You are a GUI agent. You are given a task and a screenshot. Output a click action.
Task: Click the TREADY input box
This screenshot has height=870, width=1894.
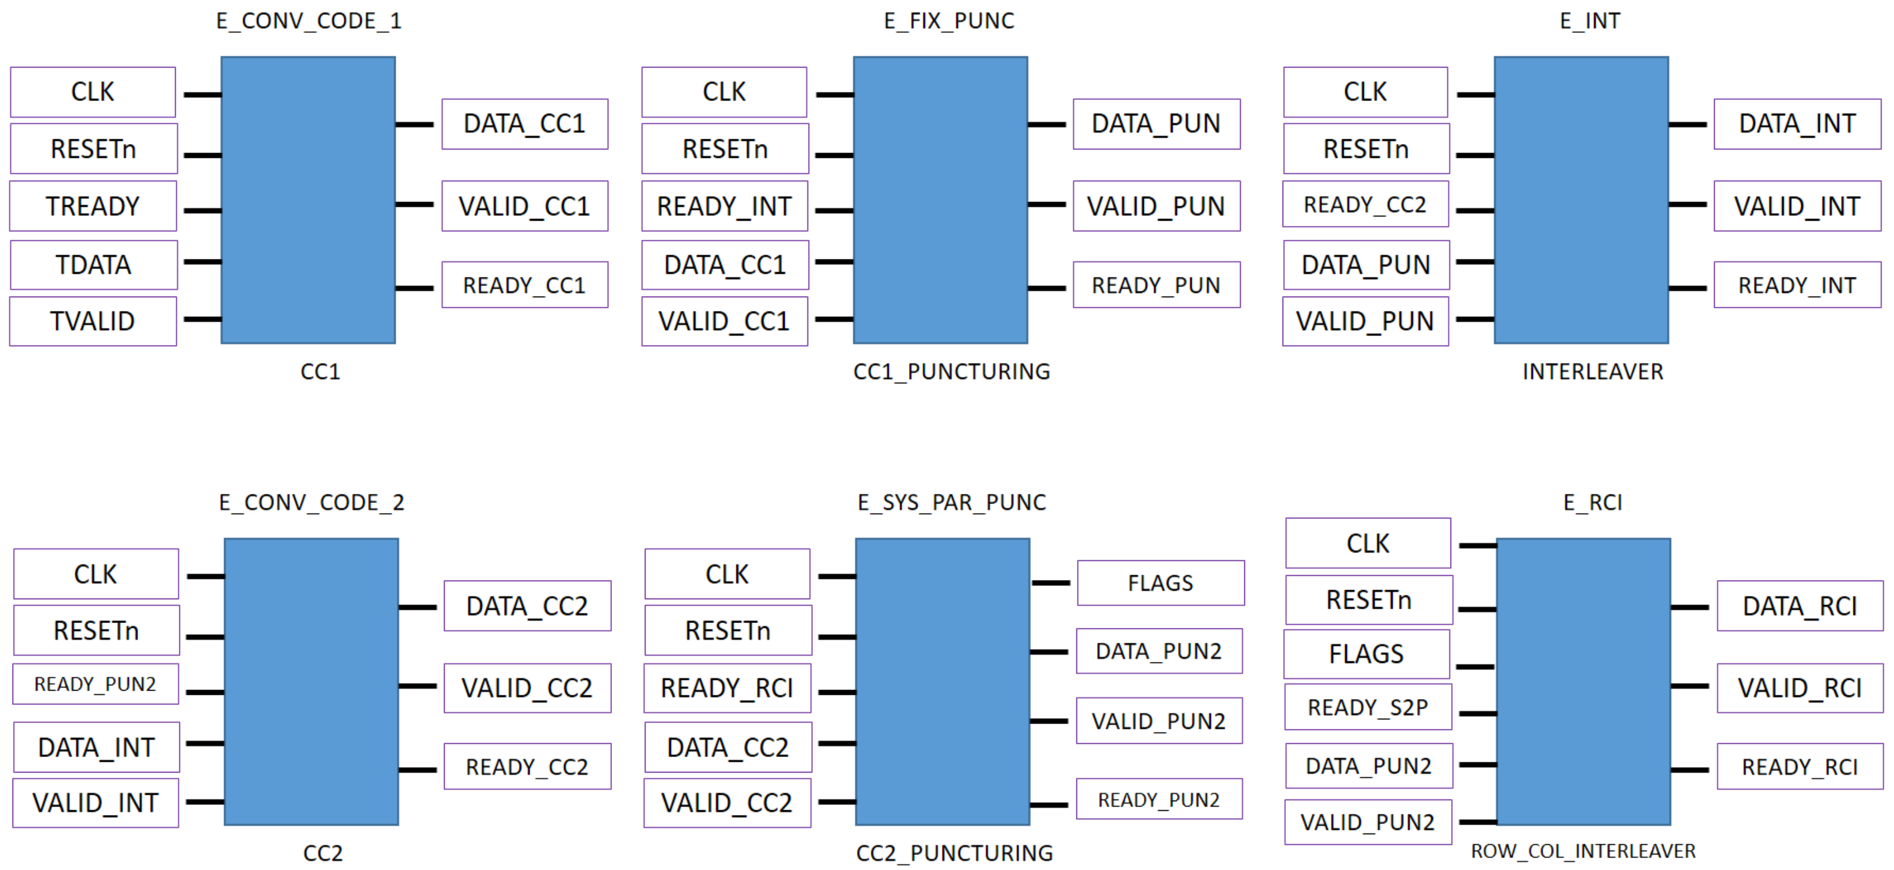pos(93,206)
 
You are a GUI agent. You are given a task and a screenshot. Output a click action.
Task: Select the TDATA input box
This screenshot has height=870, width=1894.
pos(93,265)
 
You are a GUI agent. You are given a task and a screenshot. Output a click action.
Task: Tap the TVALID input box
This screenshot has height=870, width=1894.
pos(93,321)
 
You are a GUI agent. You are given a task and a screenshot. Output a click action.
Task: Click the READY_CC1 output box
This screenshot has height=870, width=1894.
pos(524,285)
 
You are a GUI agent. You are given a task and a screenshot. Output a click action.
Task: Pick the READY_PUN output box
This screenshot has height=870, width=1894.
pos(1156,285)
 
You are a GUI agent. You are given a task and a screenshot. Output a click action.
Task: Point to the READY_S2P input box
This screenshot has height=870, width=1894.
pos(1367,707)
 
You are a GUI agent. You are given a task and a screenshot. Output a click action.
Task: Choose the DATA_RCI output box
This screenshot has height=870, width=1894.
pos(1799,606)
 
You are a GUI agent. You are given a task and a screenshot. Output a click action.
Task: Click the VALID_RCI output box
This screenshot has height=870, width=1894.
pos(1799,688)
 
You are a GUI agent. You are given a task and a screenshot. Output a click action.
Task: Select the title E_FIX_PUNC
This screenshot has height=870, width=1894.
pos(948,20)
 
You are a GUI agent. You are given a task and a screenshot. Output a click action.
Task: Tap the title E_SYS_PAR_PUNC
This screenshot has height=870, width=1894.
pos(951,502)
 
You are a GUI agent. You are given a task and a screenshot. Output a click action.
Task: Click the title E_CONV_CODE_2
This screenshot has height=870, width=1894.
pos(311,502)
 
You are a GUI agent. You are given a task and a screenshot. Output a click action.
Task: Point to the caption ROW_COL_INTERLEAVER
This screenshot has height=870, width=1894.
pos(1582,851)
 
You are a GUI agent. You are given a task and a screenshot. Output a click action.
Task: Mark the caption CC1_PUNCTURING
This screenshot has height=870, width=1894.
pos(951,371)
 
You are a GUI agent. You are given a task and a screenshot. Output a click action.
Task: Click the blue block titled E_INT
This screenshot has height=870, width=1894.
pos(1581,200)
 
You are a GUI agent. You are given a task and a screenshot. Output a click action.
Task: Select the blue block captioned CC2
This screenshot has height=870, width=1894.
pos(311,682)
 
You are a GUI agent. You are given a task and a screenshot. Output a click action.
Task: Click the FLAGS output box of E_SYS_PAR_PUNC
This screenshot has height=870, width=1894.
pos(1160,583)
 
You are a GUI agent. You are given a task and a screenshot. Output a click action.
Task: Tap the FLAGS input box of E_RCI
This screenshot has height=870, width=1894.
pos(1366,654)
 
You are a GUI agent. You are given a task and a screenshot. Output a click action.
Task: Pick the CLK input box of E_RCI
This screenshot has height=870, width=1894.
pos(1367,543)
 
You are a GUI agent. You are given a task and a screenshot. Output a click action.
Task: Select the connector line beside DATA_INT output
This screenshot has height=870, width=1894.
pos(1687,125)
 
